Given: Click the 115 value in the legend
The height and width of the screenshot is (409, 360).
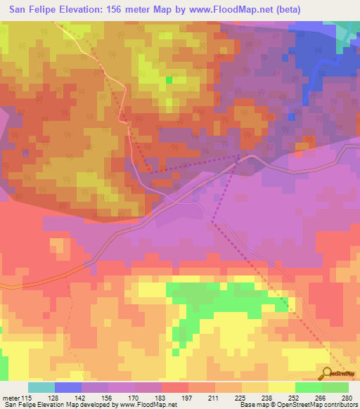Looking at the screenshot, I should click(x=27, y=398).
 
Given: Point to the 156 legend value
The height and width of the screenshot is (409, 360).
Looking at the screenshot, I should click(x=108, y=398).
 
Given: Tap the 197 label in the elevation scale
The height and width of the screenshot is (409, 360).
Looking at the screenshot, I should click(x=187, y=398).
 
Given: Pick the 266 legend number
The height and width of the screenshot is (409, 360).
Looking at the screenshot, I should click(x=320, y=398).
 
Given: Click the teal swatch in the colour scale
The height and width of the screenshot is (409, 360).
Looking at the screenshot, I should click(x=41, y=387).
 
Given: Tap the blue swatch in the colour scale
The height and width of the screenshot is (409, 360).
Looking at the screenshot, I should click(x=68, y=387).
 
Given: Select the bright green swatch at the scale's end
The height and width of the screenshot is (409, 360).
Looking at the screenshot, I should click(x=335, y=387).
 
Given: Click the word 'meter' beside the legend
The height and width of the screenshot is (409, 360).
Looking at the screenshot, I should click(x=11, y=398).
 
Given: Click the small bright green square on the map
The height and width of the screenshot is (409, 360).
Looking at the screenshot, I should click(x=169, y=80).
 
